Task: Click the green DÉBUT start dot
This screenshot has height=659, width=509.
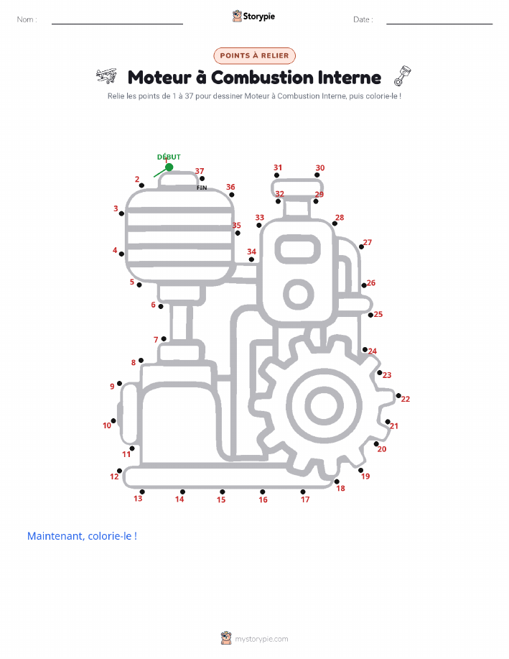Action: [x=169, y=167]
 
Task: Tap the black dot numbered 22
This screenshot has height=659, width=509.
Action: [x=398, y=395]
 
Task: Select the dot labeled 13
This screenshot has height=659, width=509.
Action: [x=142, y=492]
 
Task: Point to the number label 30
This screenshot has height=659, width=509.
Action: [x=320, y=167]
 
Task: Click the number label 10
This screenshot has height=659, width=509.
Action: [x=107, y=425]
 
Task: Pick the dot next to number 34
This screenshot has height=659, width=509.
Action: [x=251, y=259]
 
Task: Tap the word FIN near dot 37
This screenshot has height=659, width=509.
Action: [x=202, y=188]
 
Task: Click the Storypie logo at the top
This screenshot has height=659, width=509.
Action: [x=253, y=17]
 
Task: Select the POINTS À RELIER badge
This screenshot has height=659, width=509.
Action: [x=254, y=55]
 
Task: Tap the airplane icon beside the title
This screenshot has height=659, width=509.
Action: [x=106, y=75]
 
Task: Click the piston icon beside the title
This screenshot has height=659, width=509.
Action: [x=402, y=75]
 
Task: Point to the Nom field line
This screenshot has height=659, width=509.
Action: [x=117, y=24]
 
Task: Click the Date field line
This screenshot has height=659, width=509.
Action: [x=439, y=24]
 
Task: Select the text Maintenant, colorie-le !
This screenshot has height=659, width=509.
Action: [x=83, y=536]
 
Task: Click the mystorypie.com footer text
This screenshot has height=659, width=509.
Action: [x=261, y=640]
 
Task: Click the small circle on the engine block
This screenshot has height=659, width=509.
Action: [x=299, y=294]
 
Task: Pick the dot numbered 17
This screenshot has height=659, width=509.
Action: [x=303, y=492]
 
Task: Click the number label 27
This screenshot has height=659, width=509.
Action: [x=368, y=242]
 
